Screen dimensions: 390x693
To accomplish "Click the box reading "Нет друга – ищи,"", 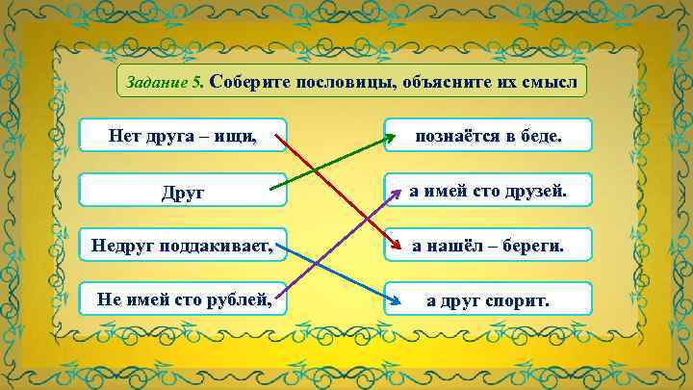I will click(183, 136).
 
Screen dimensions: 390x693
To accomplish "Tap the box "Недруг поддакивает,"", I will click(183, 247).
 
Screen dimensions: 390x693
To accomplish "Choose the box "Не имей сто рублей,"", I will click(183, 300).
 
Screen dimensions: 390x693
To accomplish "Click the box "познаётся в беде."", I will click(488, 136).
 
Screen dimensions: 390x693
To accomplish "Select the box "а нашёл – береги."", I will click(488, 247).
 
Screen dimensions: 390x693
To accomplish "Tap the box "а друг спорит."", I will click(488, 300).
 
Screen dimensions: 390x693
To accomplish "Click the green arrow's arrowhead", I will click(389, 138).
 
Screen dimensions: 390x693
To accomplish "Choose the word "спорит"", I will click(520, 300).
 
